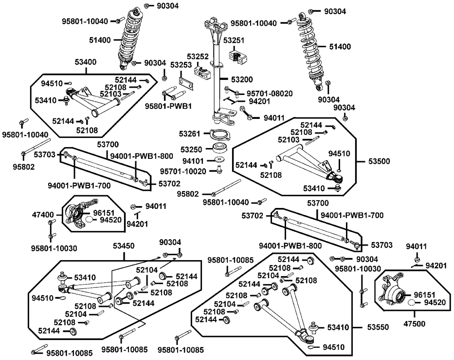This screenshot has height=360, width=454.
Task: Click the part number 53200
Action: (242, 79)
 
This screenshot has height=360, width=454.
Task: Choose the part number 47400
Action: (43, 214)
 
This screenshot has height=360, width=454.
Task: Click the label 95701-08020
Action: (269, 94)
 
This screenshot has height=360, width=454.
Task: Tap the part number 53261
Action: (189, 134)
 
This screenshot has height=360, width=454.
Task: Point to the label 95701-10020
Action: (184, 171)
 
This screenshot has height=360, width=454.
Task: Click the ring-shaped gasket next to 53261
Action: (218, 135)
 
